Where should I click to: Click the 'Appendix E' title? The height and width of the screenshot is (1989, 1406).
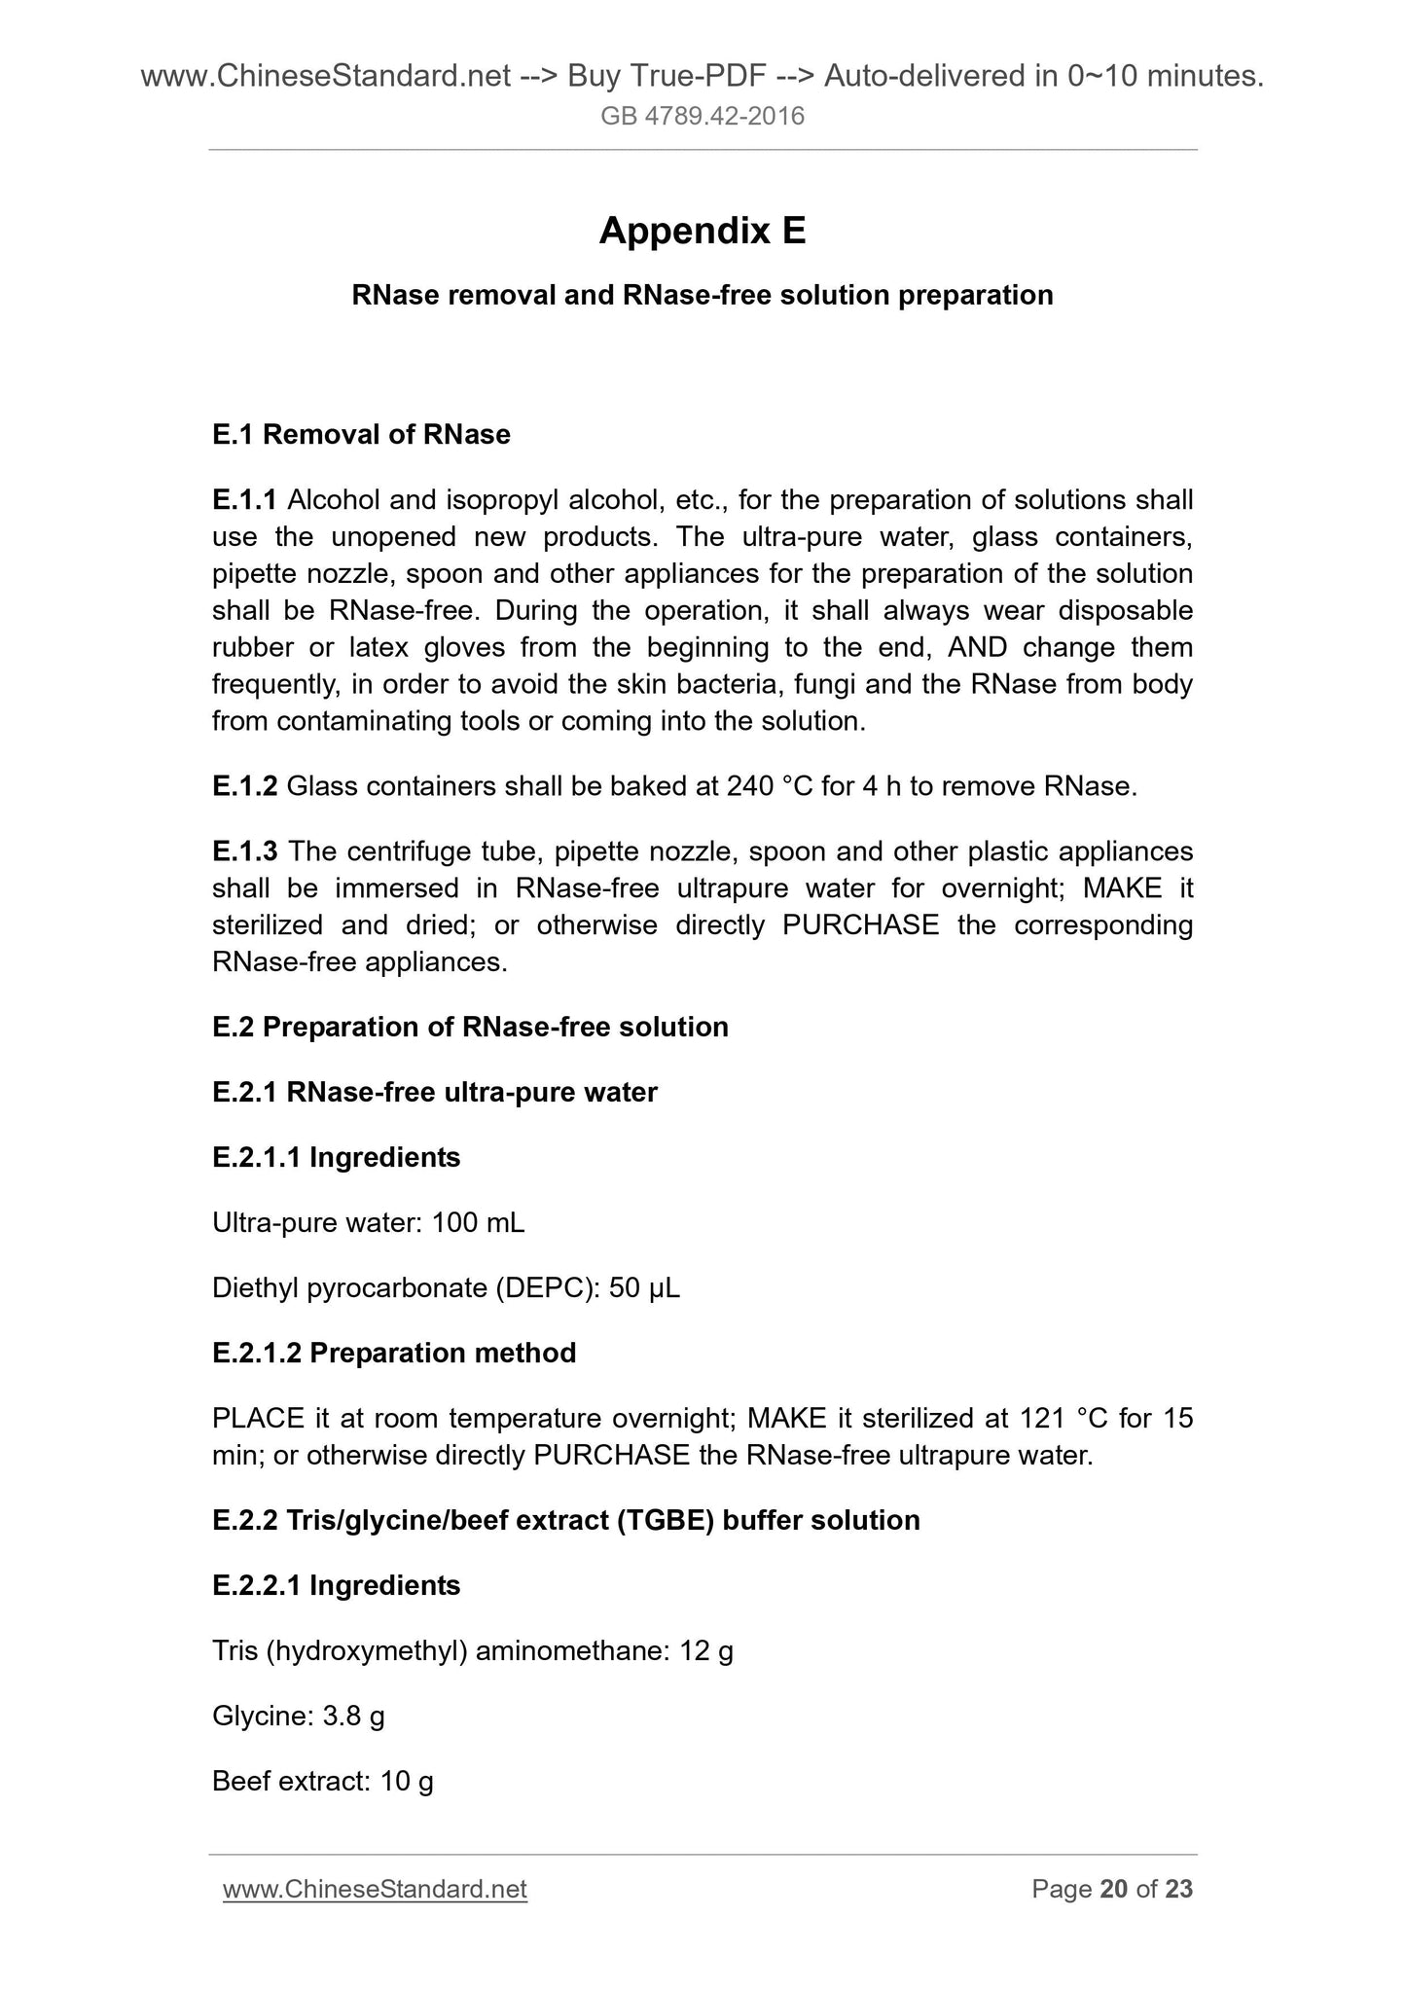tap(703, 232)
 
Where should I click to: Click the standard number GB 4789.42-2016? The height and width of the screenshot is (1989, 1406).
tap(703, 117)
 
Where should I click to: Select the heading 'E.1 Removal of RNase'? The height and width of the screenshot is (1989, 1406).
tap(361, 435)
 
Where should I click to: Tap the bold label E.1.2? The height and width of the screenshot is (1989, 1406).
tap(245, 786)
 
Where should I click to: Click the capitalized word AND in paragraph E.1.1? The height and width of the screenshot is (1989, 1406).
tap(977, 647)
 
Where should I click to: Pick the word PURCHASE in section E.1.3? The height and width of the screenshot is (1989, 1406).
tap(860, 924)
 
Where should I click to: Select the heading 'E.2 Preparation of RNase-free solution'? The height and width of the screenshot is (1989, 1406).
tap(470, 1028)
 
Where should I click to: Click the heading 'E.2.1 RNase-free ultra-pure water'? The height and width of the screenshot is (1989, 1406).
tap(435, 1093)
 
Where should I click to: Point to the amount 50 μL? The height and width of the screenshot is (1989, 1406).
tap(644, 1288)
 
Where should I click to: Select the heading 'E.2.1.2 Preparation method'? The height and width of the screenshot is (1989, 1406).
tap(394, 1354)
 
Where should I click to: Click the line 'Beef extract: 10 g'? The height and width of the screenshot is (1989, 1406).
tap(323, 1782)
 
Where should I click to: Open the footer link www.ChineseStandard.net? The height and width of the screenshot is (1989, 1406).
tap(375, 1890)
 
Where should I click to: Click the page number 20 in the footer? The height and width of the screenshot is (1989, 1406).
tap(1113, 1890)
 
